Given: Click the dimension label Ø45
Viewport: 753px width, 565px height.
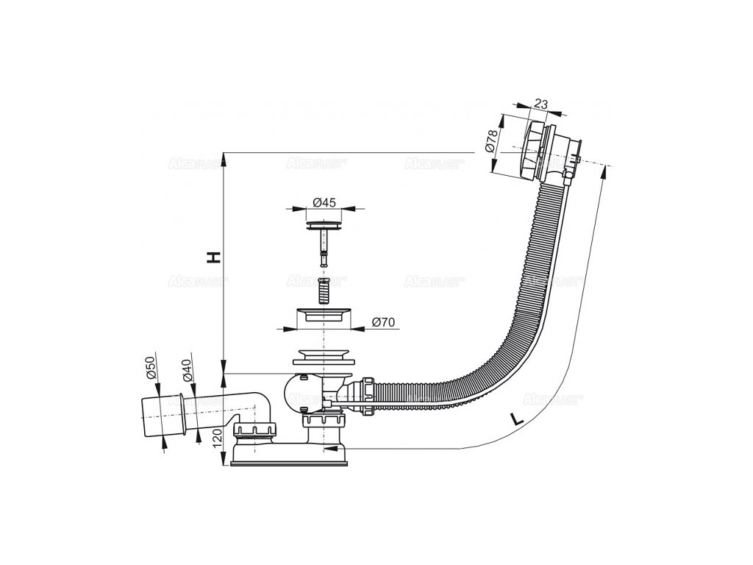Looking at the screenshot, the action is point(324,202).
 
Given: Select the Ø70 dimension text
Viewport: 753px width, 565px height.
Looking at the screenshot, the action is point(384,322).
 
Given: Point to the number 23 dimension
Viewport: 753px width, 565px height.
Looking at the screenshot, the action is point(540,105).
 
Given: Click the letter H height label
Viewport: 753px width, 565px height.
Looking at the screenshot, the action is point(213,257).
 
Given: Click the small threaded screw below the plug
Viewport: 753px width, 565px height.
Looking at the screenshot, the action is point(322,290).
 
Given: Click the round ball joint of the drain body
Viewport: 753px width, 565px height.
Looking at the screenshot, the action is point(300,394).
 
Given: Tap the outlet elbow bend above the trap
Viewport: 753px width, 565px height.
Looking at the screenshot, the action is point(257,401).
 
